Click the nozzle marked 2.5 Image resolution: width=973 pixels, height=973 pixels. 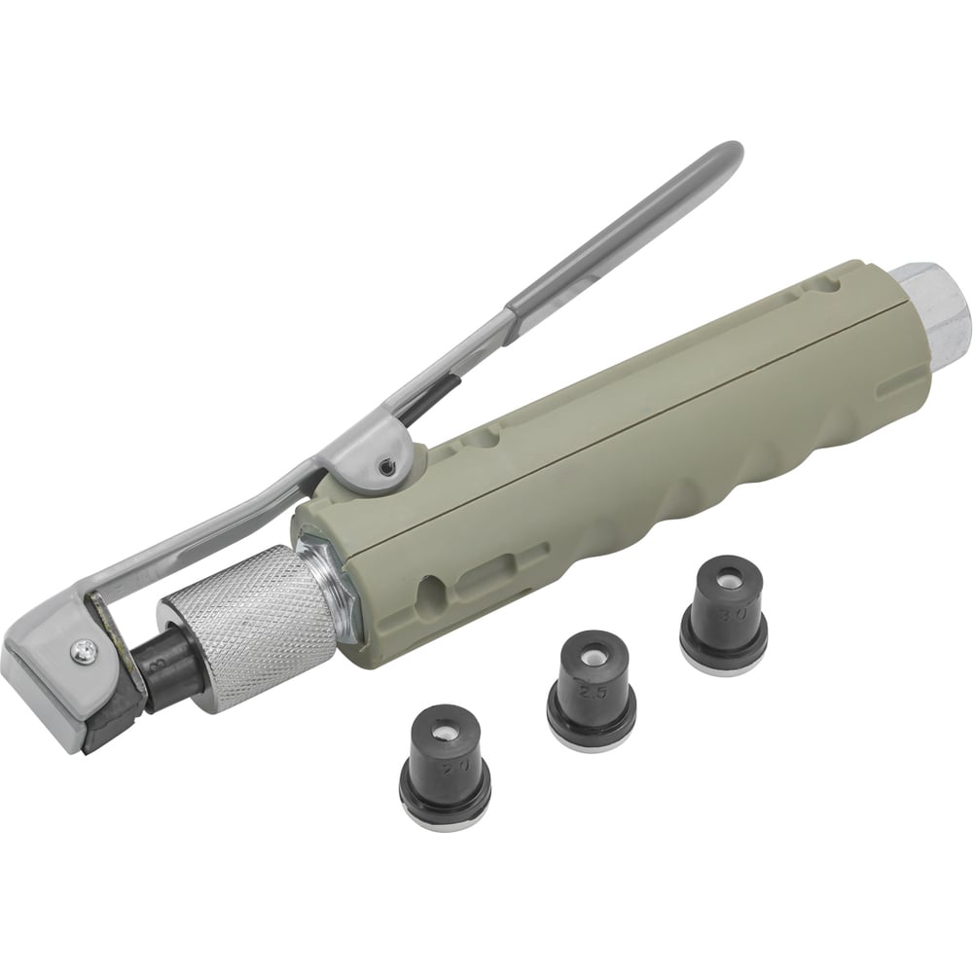pos(591,686)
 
